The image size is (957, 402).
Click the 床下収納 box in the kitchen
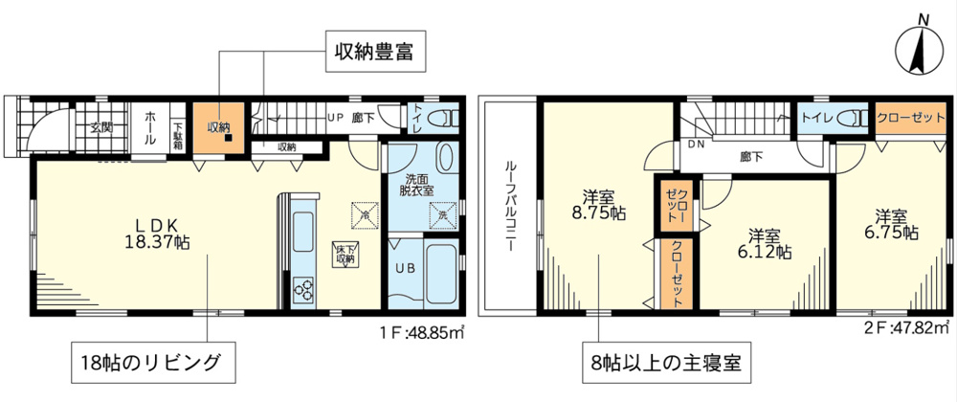pos(345,253)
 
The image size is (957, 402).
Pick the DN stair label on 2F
pos(697,145)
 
